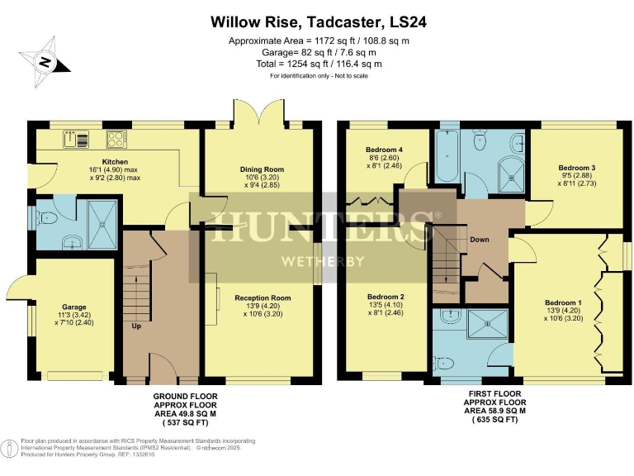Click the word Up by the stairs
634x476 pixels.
click(x=136, y=326)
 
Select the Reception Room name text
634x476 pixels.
click(x=263, y=297)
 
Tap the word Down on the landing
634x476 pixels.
click(x=480, y=240)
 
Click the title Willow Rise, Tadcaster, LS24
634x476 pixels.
click(x=317, y=21)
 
